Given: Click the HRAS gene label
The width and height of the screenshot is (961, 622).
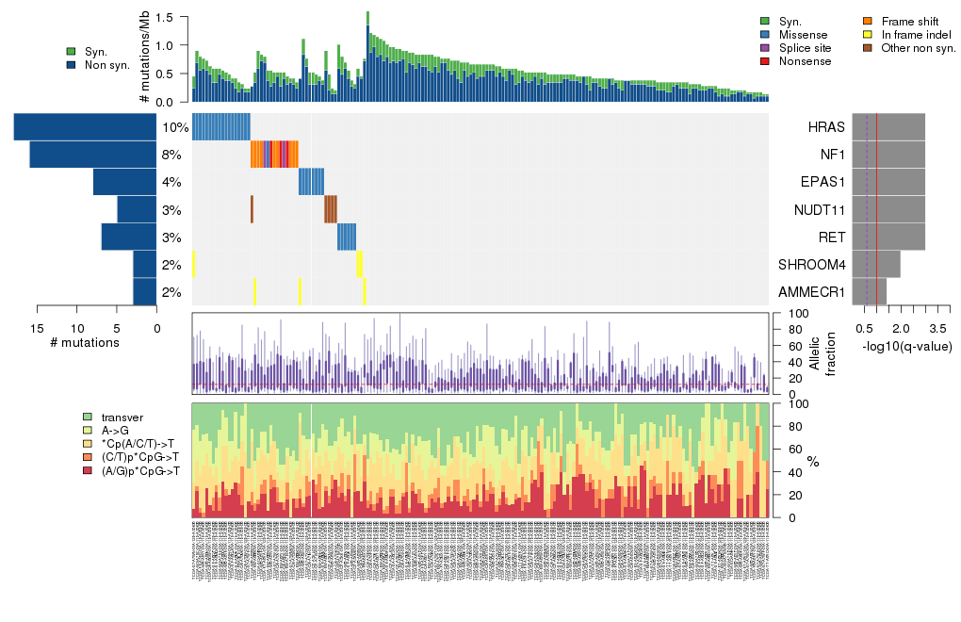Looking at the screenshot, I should pos(826,127).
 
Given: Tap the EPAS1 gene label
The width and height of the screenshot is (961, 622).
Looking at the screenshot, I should pos(823,182).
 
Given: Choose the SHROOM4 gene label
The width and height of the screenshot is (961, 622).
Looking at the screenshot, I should pos(813,265).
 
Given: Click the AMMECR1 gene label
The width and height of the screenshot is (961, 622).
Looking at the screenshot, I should pos(813,292).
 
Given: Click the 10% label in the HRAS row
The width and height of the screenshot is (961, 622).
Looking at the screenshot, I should pos(175,127).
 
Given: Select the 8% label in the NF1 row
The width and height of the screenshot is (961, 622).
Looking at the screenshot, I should pos(171,155).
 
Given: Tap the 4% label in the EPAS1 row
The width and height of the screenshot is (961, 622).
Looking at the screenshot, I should pos(171,182).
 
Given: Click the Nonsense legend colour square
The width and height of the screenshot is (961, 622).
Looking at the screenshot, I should pos(765,61).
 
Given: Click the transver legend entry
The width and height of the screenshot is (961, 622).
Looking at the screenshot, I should pos(122,417).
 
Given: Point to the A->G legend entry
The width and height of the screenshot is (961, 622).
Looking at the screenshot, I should pos(117,431).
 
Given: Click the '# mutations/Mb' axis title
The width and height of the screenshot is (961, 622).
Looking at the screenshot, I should pos(144,59).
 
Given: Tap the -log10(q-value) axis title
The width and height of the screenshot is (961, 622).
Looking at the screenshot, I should pos(907,347).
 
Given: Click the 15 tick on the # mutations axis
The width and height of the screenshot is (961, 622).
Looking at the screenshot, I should pos(37,328).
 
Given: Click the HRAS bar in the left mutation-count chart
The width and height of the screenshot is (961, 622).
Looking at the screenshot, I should pos(85,127).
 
